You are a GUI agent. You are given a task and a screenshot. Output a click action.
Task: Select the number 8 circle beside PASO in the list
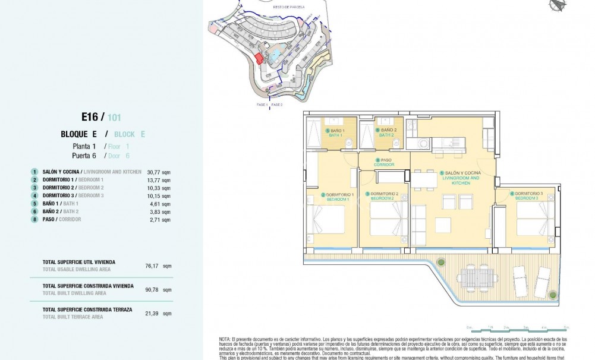click(x=35, y=219)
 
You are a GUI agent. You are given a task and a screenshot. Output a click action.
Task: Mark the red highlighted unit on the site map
click(x=259, y=58)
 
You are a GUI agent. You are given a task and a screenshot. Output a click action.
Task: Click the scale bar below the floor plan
click(x=518, y=328)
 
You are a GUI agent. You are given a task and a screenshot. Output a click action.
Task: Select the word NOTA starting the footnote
click(x=226, y=339)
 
